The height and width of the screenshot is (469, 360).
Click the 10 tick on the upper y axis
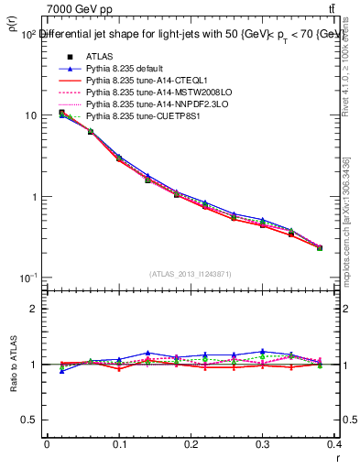[x=30, y=115]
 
